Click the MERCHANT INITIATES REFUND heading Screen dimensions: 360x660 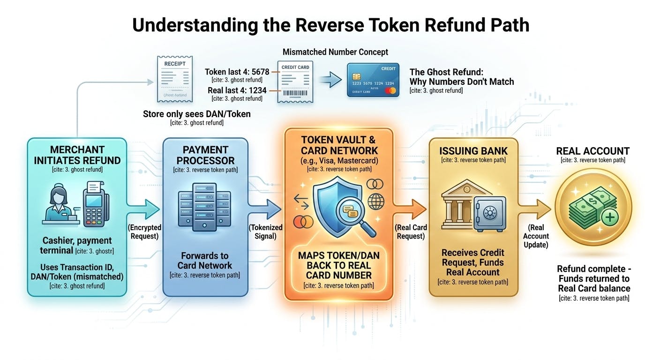(x=77, y=155)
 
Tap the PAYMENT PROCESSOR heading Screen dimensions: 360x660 (x=205, y=155)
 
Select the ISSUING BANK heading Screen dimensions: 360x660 (x=473, y=151)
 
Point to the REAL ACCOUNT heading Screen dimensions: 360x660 (x=592, y=151)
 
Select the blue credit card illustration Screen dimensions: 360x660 (x=373, y=80)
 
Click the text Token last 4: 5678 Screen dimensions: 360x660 (x=237, y=72)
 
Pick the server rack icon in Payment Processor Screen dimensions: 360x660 (x=204, y=209)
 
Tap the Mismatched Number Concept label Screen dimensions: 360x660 (x=335, y=52)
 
